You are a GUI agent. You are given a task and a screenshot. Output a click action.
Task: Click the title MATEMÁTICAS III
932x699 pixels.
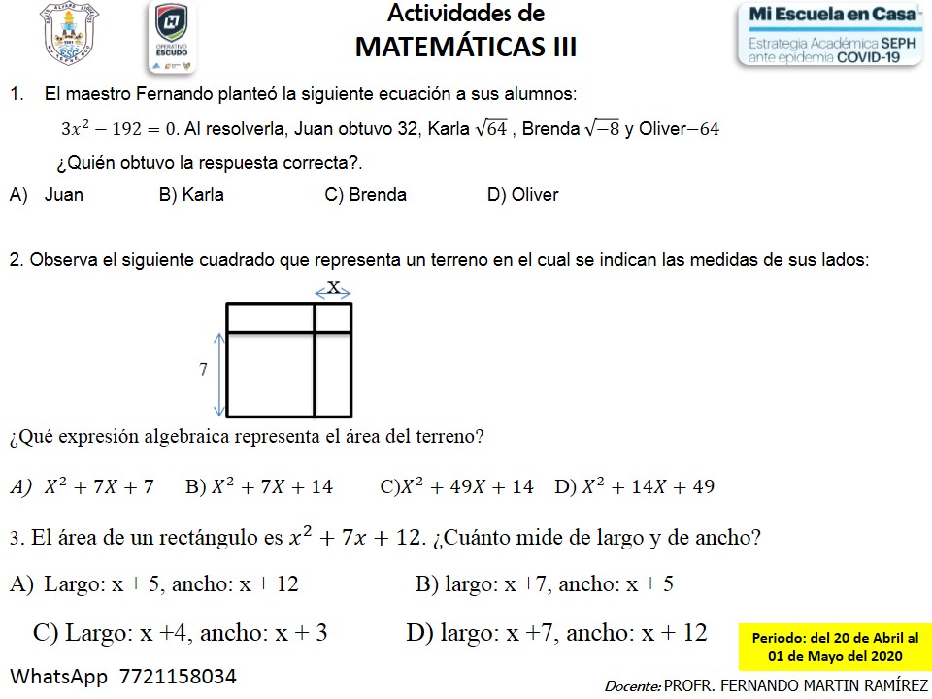[466, 47]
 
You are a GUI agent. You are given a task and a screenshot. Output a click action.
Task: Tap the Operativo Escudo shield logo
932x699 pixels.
[172, 37]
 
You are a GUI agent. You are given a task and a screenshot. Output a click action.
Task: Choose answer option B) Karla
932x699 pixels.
[191, 195]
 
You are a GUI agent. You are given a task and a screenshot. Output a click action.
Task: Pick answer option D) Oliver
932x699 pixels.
[522, 195]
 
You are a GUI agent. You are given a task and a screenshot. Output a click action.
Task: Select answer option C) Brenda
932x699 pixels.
[365, 195]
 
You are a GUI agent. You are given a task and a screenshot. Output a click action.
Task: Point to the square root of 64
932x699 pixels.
[489, 129]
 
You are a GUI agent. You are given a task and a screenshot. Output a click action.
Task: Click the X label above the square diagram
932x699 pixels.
[333, 286]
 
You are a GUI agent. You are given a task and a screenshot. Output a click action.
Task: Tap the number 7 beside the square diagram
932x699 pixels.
[203, 370]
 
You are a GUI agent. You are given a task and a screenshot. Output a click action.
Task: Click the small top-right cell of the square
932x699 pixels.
[333, 318]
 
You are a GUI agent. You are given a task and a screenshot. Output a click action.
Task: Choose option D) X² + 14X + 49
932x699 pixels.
[634, 487]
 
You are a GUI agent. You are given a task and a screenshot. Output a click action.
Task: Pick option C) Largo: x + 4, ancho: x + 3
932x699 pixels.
[181, 634]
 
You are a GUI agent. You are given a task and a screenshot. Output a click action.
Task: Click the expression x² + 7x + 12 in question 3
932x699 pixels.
[357, 537]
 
